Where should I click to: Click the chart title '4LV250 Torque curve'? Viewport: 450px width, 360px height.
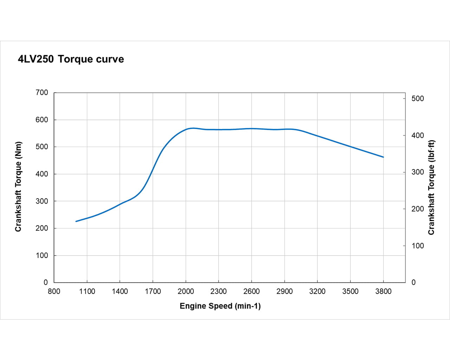(71, 59)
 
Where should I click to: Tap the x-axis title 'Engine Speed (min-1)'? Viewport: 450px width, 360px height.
(220, 306)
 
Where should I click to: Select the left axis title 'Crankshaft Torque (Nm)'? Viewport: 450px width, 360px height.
(18, 187)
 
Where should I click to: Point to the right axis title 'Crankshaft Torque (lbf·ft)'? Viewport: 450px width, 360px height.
(431, 187)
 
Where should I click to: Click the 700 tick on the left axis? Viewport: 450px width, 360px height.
(42, 92)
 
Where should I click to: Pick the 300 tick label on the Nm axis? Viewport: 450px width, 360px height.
(42, 201)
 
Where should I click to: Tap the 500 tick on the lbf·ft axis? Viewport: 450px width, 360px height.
(418, 98)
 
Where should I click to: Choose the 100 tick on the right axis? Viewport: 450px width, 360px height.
(418, 246)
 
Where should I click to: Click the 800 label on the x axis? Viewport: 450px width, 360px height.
(54, 291)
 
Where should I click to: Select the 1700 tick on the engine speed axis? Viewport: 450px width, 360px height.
(153, 291)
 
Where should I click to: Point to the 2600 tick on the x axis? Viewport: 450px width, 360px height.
(251, 291)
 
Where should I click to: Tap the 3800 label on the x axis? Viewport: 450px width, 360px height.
(383, 291)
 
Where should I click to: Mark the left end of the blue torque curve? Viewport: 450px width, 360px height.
(76, 221)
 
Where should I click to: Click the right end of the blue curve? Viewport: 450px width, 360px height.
(383, 157)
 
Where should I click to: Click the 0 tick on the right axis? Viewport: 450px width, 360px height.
(413, 282)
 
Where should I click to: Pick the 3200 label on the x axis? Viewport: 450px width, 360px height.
(317, 291)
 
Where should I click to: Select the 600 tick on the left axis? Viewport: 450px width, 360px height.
(42, 120)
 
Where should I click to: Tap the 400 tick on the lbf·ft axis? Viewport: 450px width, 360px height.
(418, 135)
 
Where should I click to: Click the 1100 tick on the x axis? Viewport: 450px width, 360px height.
(87, 291)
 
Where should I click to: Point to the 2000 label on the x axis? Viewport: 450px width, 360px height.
(186, 291)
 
